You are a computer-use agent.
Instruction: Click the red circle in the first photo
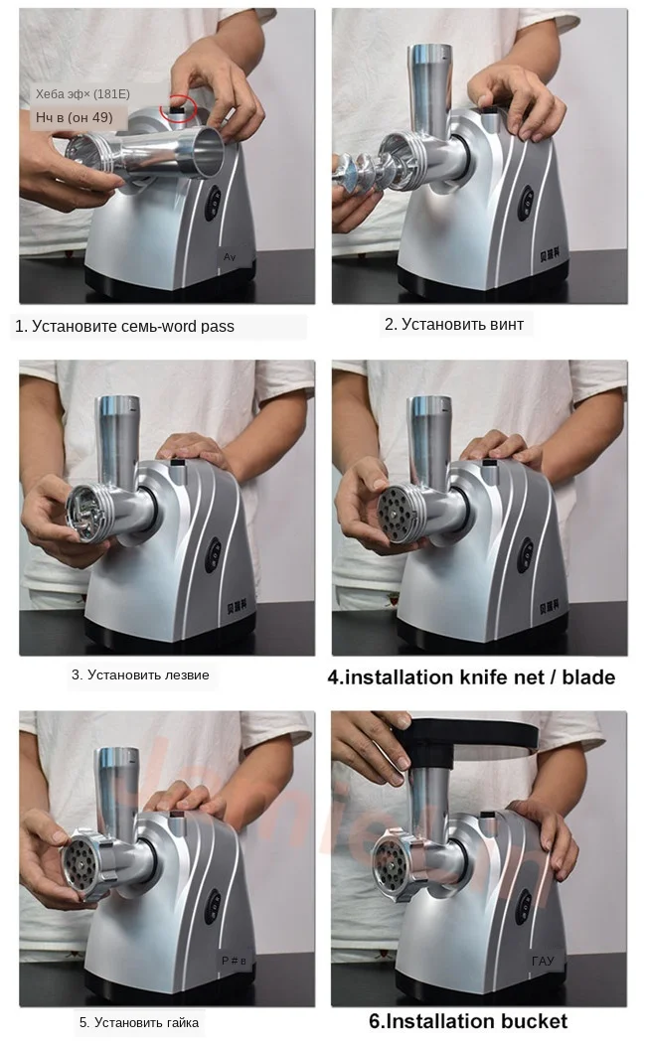click(181, 103)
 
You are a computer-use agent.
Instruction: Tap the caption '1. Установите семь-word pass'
click(124, 326)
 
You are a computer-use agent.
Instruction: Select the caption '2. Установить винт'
click(453, 324)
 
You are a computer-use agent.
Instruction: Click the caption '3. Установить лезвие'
click(140, 674)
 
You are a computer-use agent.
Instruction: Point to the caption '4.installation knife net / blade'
click(471, 677)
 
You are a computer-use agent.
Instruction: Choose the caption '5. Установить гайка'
click(139, 1022)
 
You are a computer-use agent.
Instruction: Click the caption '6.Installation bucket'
click(468, 1021)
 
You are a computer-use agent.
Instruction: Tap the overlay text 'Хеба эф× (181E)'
click(76, 94)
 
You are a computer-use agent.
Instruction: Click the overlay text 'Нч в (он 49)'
click(74, 117)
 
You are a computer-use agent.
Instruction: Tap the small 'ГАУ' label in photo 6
click(543, 961)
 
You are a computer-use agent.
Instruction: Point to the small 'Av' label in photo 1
click(229, 257)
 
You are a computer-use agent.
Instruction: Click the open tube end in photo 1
click(205, 152)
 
